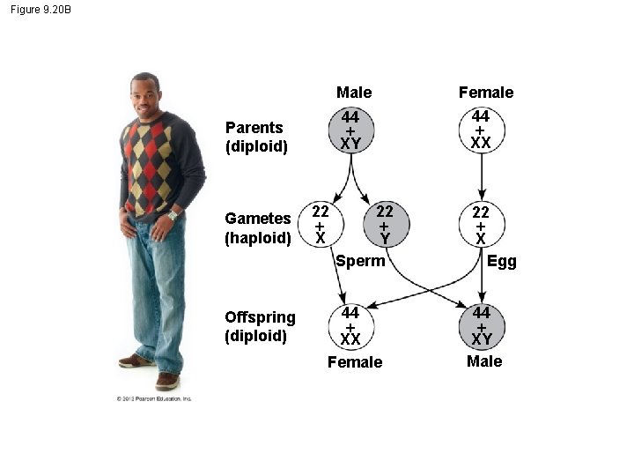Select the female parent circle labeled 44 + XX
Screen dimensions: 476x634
pos(481,130)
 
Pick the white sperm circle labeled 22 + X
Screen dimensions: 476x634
pos(320,225)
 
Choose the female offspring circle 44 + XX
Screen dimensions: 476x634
pos(350,325)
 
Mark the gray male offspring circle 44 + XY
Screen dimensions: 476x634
pos(481,325)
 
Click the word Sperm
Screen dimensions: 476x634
pos(360,261)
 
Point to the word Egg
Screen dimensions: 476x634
pos(502,261)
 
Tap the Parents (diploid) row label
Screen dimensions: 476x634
pos(256,137)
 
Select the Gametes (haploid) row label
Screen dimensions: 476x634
pos(258,227)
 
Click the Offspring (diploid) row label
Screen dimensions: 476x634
pos(260,326)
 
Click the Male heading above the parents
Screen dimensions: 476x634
pos(354,93)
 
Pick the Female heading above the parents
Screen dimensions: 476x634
pos(486,93)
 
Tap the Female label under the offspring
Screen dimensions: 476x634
pos(355,362)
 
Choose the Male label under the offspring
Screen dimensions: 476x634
pos(484,361)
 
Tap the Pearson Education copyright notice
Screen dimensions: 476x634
pos(154,399)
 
